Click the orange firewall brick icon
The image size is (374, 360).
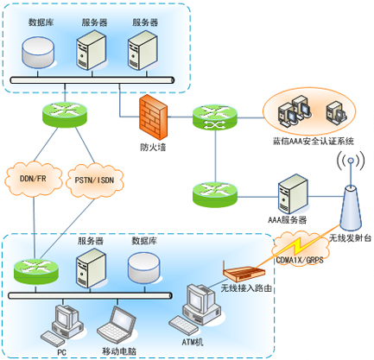click(x=153, y=117)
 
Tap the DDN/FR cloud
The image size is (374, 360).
click(x=34, y=179)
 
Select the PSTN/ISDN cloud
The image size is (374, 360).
click(x=94, y=180)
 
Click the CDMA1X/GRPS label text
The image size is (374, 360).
click(x=300, y=260)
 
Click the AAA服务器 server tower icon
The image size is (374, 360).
click(x=293, y=194)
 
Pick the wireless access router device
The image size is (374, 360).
click(x=244, y=273)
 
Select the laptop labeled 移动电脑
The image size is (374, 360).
click(x=117, y=325)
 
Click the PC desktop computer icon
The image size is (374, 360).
click(x=64, y=325)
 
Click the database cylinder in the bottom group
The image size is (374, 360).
click(x=143, y=268)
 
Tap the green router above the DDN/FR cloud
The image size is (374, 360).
click(x=65, y=114)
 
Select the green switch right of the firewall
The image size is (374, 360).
click(x=215, y=117)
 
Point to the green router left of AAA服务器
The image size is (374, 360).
click(x=215, y=194)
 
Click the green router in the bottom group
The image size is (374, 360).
click(x=36, y=272)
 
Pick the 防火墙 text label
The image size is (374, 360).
click(x=153, y=148)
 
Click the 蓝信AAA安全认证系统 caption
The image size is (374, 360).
click(x=314, y=141)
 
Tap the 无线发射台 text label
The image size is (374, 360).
click(x=350, y=238)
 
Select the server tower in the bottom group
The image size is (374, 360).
click(x=92, y=268)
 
